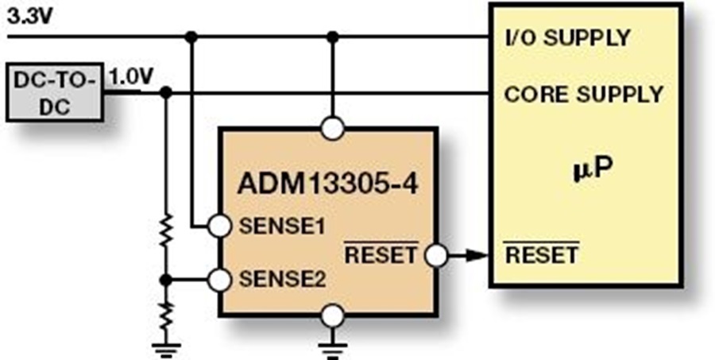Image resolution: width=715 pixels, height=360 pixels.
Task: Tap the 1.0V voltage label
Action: [131, 77]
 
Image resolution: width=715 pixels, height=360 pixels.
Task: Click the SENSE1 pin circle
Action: [219, 226]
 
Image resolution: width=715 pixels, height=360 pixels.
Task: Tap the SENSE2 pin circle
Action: [219, 280]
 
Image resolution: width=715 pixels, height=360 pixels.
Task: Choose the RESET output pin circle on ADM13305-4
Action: [435, 256]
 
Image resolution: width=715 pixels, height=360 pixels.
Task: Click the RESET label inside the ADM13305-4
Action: [380, 255]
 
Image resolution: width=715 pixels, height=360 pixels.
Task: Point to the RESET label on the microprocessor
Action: [542, 255]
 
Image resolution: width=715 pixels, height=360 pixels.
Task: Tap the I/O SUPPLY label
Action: [567, 37]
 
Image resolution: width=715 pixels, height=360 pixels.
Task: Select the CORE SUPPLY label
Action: [584, 94]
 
